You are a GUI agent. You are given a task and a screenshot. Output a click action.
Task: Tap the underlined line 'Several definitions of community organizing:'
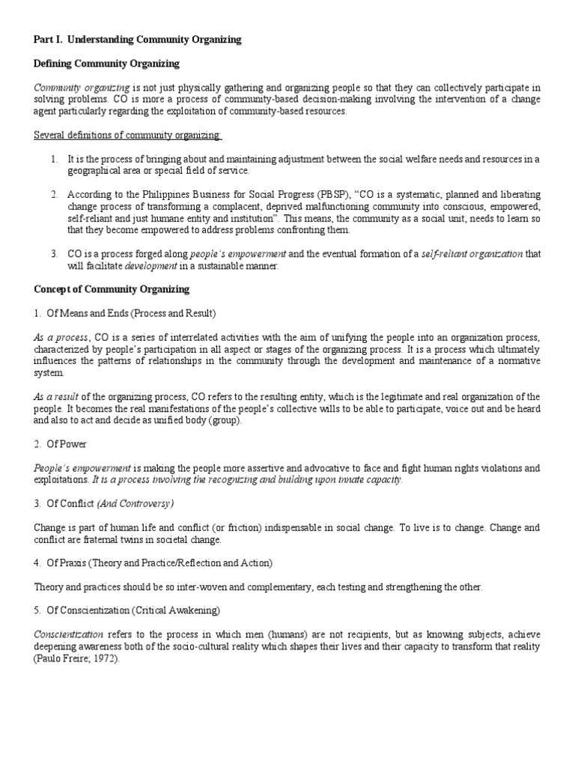(x=128, y=135)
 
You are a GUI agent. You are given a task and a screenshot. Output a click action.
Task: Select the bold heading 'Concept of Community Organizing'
(x=112, y=288)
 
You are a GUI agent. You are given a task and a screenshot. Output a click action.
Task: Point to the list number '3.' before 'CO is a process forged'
(x=55, y=254)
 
